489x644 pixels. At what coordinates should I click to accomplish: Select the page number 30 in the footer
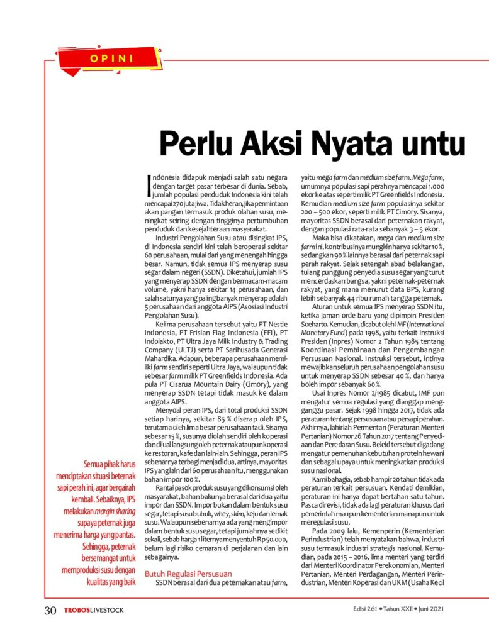pyautogui.click(x=50, y=610)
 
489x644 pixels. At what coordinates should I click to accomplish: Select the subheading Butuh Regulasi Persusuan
pyautogui.click(x=188, y=574)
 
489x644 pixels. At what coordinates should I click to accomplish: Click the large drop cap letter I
pyautogui.click(x=148, y=184)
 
